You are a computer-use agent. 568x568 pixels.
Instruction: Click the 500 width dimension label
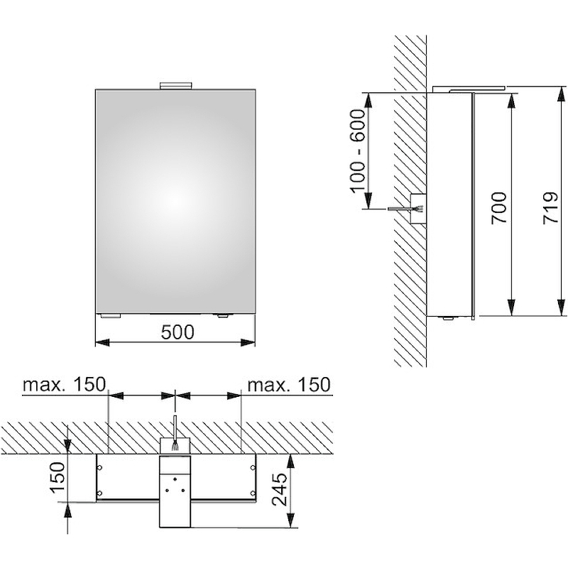pyautogui.click(x=177, y=332)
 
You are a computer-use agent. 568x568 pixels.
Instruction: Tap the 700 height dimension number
pyautogui.click(x=499, y=208)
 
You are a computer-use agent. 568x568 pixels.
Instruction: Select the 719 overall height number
pyautogui.click(x=551, y=208)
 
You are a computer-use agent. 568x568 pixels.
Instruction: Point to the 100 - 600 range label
pyautogui.click(x=359, y=151)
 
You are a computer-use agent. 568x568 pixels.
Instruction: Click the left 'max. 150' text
pyautogui.click(x=64, y=384)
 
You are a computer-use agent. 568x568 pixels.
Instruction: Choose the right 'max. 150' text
pyautogui.click(x=289, y=384)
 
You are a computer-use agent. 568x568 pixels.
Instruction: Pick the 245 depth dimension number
pyautogui.click(x=280, y=488)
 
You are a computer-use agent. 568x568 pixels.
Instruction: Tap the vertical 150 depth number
pyautogui.click(x=57, y=476)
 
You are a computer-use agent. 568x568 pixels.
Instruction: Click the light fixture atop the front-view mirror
pyautogui.click(x=175, y=85)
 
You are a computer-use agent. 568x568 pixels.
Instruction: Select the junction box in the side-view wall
pyautogui.click(x=418, y=208)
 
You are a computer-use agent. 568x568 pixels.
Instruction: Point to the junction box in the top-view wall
pyautogui.click(x=175, y=445)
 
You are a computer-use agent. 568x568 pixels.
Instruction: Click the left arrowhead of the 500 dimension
pyautogui.click(x=103, y=342)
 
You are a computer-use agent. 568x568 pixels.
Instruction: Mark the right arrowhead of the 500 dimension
pyautogui.click(x=248, y=342)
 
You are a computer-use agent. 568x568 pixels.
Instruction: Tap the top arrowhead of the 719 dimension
pyautogui.click(x=561, y=94)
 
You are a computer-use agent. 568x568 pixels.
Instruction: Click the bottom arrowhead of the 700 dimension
pyautogui.click(x=511, y=308)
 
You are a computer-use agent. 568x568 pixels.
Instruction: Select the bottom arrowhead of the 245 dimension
pyautogui.click(x=291, y=520)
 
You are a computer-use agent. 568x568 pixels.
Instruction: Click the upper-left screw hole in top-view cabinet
pyautogui.click(x=100, y=468)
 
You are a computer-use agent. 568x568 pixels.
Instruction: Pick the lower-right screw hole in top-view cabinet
pyautogui.click(x=252, y=493)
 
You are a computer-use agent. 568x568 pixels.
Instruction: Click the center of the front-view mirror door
pyautogui.click(x=175, y=202)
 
